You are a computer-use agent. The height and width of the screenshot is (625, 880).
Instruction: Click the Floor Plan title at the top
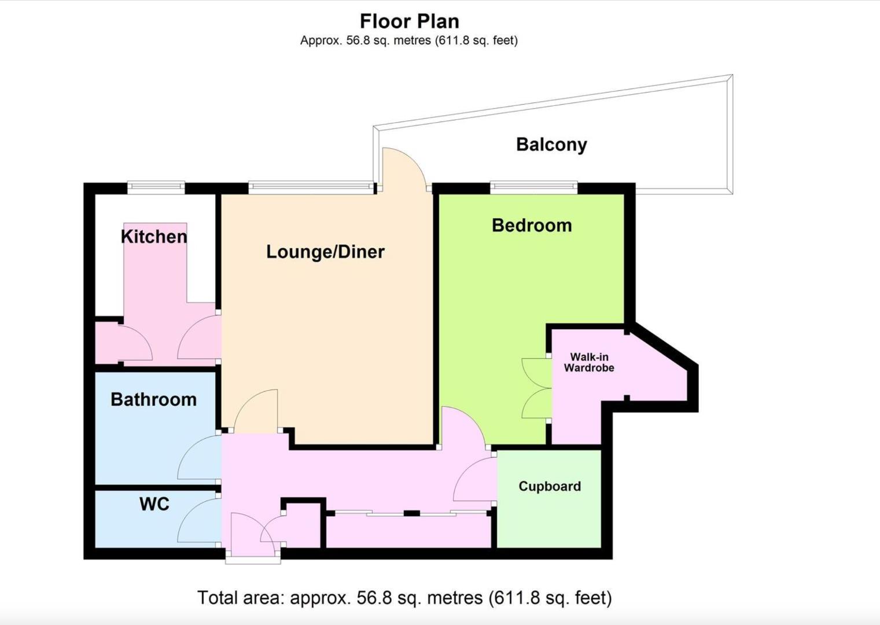click(x=409, y=21)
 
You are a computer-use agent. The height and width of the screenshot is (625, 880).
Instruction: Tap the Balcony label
click(x=551, y=144)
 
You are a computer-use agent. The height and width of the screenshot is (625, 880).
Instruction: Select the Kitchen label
click(x=154, y=236)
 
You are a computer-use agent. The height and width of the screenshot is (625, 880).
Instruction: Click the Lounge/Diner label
click(x=325, y=252)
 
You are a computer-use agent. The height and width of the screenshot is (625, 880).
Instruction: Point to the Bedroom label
click(x=532, y=225)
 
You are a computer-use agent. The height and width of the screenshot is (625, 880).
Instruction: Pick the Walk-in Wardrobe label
click(x=589, y=362)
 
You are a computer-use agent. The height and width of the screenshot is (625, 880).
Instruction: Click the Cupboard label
click(x=549, y=486)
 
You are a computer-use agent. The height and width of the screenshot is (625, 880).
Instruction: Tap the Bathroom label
click(x=153, y=399)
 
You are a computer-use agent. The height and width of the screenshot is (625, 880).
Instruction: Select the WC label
click(x=154, y=504)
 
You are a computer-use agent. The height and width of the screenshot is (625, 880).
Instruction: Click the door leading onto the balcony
click(x=403, y=168)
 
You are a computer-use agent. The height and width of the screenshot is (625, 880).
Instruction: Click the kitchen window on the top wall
click(x=156, y=187)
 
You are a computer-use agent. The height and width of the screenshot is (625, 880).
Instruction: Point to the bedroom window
click(x=533, y=187)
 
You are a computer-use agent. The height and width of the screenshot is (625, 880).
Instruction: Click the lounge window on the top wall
click(x=311, y=187)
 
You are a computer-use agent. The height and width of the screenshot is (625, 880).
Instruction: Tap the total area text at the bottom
click(x=404, y=597)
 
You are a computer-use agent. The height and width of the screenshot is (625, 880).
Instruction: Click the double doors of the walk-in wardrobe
click(x=536, y=388)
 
